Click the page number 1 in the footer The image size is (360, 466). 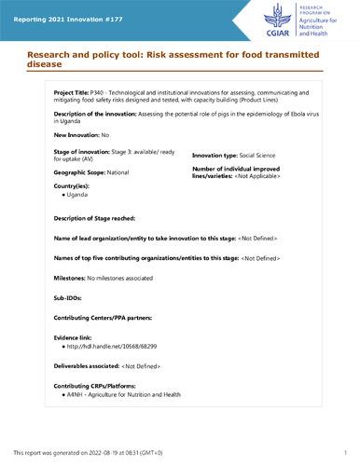pos(345,452)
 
